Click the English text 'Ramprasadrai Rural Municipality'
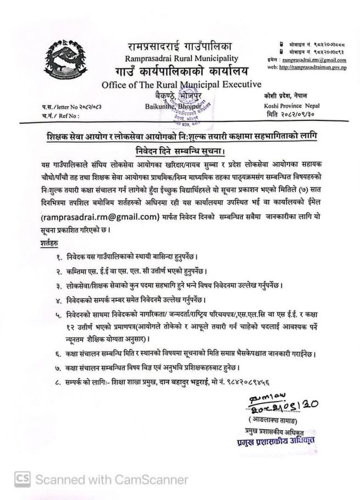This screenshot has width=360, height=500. [x=182, y=58]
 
